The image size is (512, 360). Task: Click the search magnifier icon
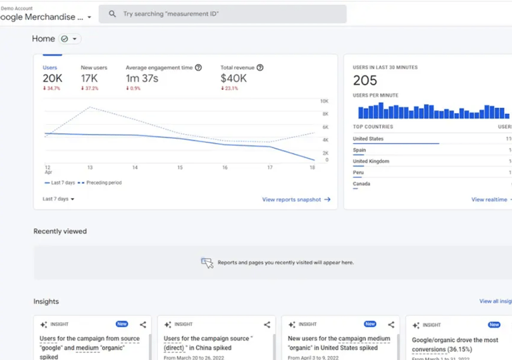[x=112, y=14]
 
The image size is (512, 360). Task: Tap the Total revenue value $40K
[x=233, y=79]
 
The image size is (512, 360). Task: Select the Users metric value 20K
[x=53, y=79]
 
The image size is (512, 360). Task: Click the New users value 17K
[x=90, y=79]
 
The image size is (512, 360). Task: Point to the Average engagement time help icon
[x=198, y=67]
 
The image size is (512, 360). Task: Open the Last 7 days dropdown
[x=59, y=199]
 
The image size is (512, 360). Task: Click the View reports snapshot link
[x=296, y=199]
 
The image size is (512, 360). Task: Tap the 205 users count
[x=365, y=81]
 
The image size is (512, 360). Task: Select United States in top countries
[x=368, y=139]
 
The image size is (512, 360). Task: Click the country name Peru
[x=359, y=173]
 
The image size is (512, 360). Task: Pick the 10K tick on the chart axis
[x=324, y=101]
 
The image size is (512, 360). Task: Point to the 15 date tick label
[x=180, y=167]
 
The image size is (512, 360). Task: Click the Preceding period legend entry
[x=100, y=183]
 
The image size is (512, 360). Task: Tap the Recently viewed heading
[x=60, y=231]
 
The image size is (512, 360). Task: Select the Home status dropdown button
[x=69, y=39]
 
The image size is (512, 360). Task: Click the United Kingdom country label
[x=371, y=161]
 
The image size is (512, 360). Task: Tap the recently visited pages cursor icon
[x=207, y=263]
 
